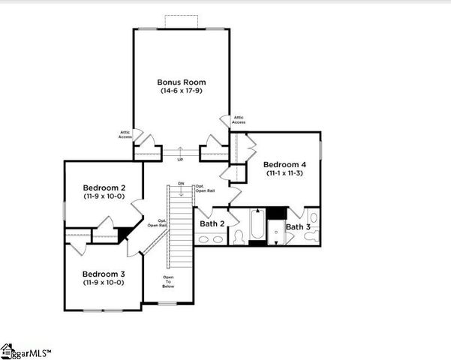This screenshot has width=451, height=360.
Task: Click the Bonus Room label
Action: pos(181,82)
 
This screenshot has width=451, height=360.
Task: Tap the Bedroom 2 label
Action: pos(104,187)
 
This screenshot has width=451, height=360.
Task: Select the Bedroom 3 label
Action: pos(104,274)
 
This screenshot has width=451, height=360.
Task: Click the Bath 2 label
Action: pos(212,223)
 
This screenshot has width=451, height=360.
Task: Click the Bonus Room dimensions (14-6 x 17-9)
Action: pos(181,91)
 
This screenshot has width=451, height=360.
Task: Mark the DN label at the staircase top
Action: pos(181,184)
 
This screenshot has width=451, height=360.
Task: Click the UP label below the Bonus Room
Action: pos(180,160)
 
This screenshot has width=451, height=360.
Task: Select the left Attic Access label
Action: pos(125,134)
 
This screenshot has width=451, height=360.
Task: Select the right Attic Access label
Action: pos(239,119)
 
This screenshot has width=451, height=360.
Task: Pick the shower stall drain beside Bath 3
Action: pos(277,232)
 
